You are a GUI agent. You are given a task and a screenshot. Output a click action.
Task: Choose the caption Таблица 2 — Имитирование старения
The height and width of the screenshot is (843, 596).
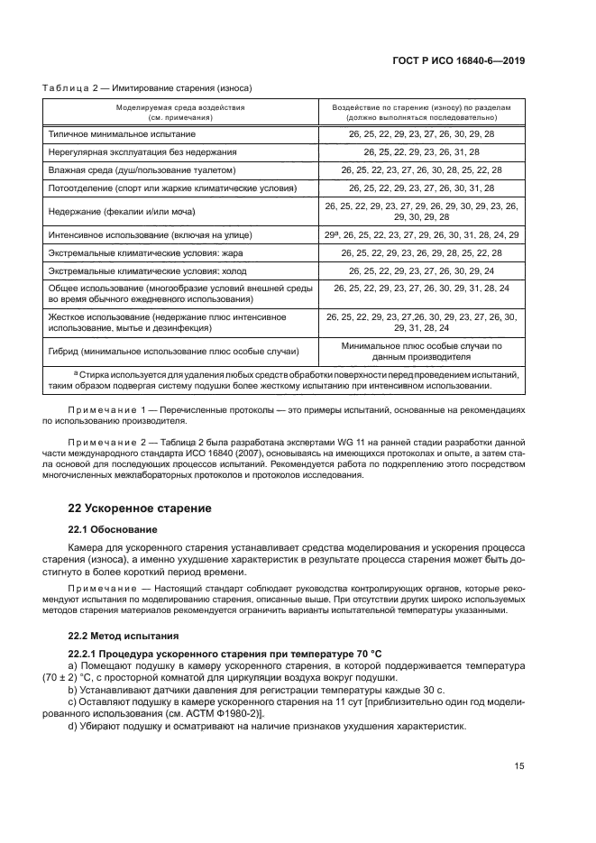coord(147,88)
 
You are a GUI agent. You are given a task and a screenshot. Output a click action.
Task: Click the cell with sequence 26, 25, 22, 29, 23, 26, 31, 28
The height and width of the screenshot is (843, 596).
coord(421,151)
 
